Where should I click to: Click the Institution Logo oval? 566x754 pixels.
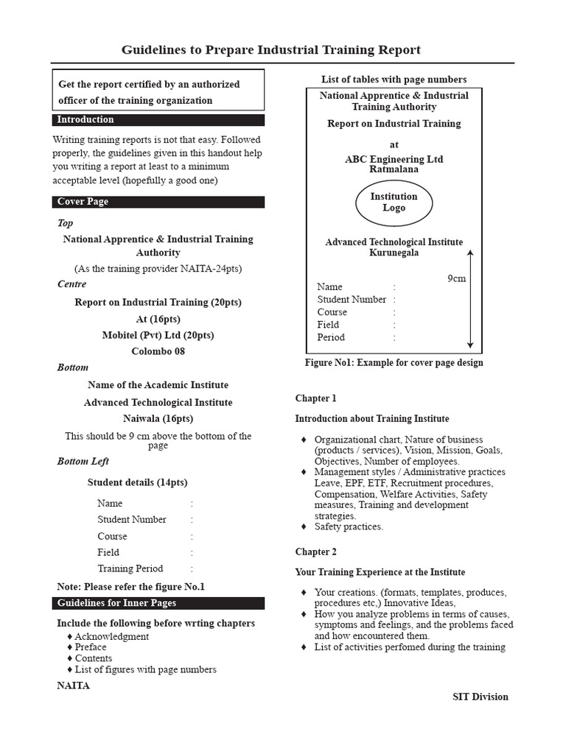[x=394, y=202]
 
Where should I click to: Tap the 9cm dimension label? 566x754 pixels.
[x=457, y=279]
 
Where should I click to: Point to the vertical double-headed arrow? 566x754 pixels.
[x=470, y=298]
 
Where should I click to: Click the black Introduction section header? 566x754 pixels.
[x=158, y=120]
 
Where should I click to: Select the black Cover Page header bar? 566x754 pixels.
[x=158, y=202]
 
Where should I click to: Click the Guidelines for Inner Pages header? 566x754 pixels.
[x=158, y=603]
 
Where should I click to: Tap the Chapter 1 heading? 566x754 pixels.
[x=315, y=398]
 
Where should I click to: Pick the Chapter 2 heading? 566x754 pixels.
[x=315, y=552]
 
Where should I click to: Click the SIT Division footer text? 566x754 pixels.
[x=480, y=697]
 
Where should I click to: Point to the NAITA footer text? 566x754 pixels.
[x=73, y=686]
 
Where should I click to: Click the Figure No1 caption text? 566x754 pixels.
[x=394, y=362]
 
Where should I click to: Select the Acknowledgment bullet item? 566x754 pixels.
[x=111, y=636]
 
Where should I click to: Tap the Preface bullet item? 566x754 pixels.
[x=91, y=647]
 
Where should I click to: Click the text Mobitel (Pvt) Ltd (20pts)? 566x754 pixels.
[x=158, y=335]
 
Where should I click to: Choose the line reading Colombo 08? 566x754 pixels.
[x=158, y=351]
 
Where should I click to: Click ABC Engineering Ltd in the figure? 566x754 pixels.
[x=394, y=159]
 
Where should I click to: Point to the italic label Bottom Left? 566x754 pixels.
[x=83, y=462]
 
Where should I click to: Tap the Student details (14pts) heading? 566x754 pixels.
[x=137, y=482]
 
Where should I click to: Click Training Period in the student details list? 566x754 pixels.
[x=130, y=568]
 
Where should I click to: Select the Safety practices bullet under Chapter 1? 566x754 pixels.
[x=349, y=526]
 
